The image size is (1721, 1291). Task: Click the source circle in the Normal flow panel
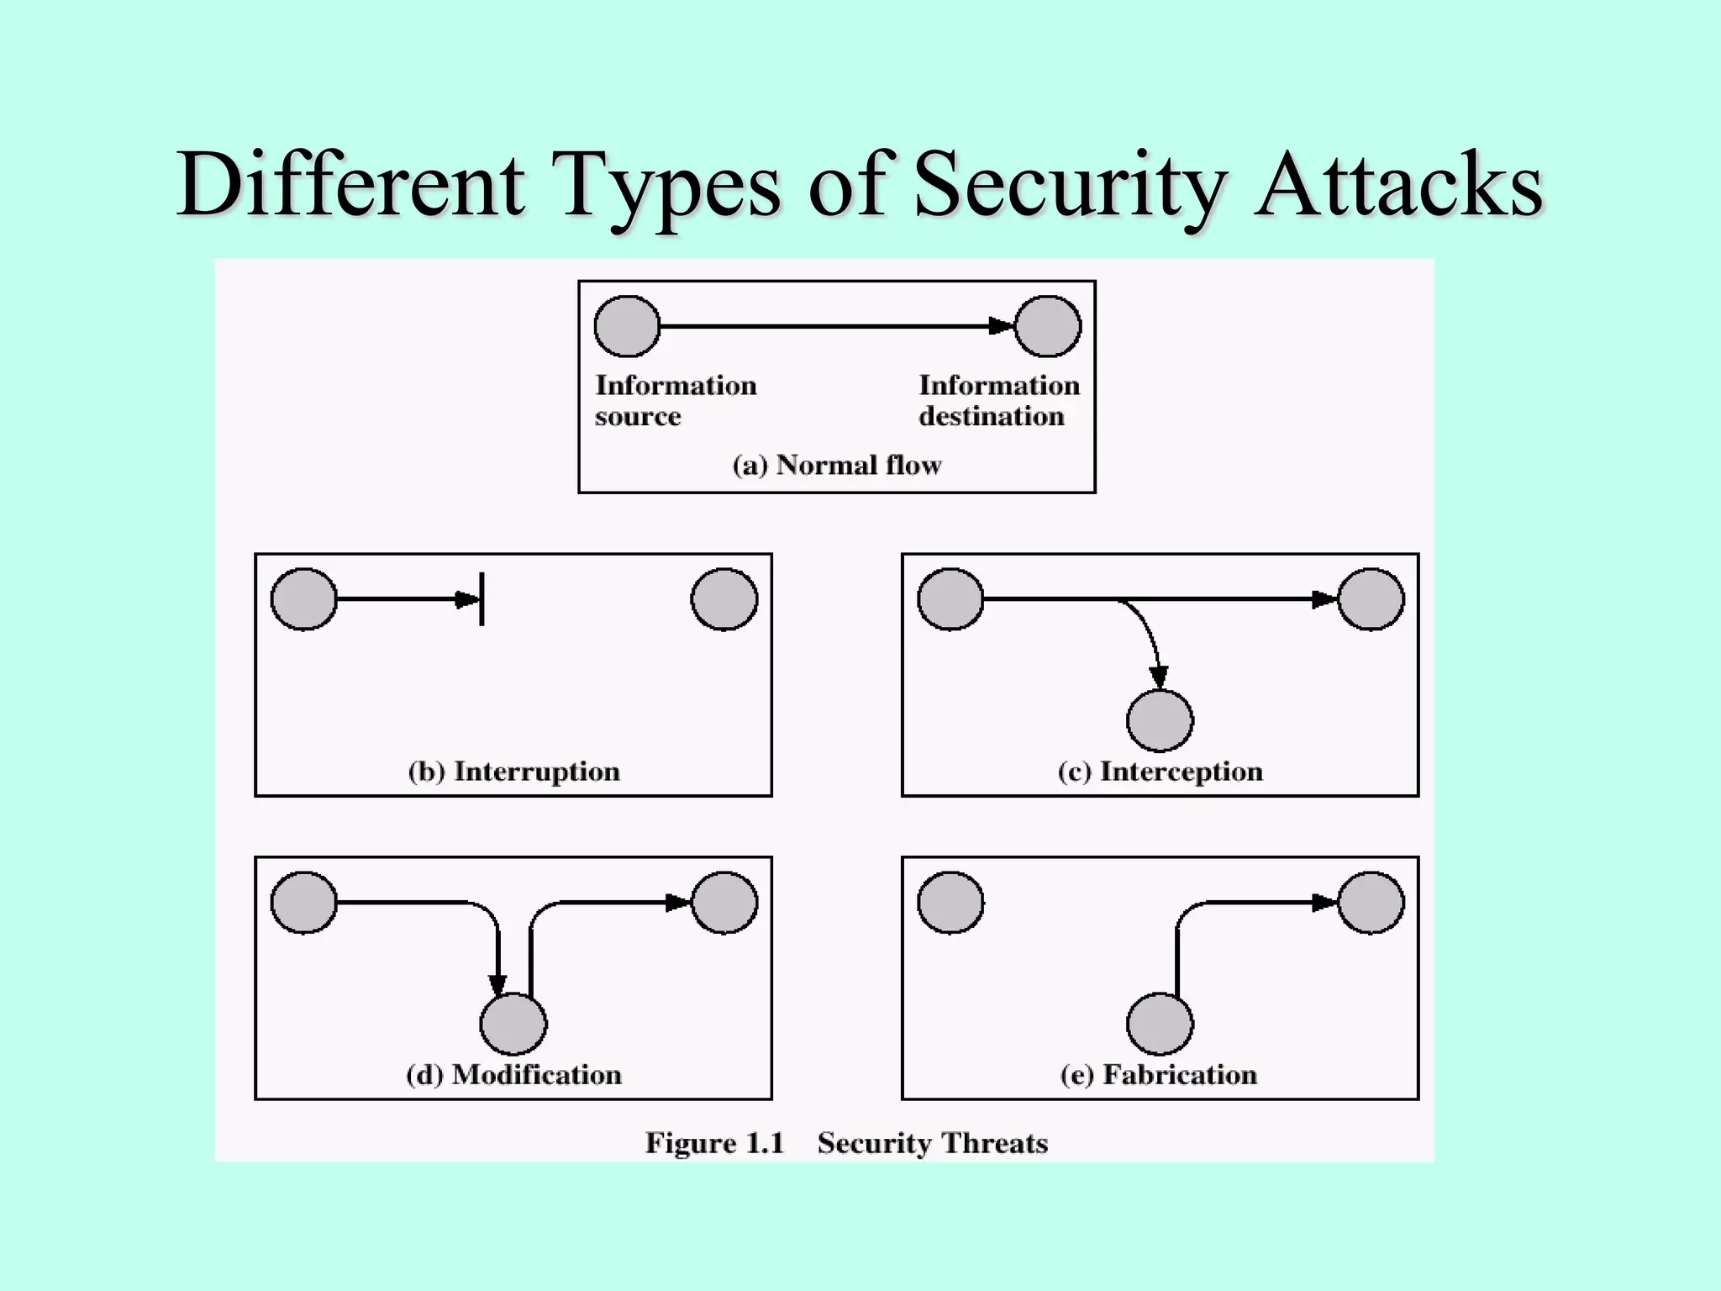(627, 326)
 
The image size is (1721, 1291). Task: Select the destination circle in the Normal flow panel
(1048, 326)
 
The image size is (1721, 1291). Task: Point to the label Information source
(676, 401)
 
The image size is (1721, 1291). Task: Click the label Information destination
(998, 401)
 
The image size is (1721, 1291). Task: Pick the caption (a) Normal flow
(837, 465)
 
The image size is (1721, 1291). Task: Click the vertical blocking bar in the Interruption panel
(482, 599)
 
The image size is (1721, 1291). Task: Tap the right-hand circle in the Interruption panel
(724, 599)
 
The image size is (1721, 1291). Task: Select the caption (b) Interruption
(513, 772)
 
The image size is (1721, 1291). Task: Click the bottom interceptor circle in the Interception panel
(1160, 720)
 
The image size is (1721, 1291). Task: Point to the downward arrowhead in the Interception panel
(1159, 677)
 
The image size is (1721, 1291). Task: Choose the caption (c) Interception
(1160, 772)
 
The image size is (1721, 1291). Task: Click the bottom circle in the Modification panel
(513, 1024)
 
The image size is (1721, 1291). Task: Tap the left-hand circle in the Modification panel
(304, 903)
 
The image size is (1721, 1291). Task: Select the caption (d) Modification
(513, 1075)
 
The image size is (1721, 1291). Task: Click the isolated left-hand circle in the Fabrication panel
(950, 903)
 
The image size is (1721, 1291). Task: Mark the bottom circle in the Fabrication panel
(1160, 1024)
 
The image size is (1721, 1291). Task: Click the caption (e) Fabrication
(1159, 1075)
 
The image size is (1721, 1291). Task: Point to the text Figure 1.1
(714, 1143)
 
